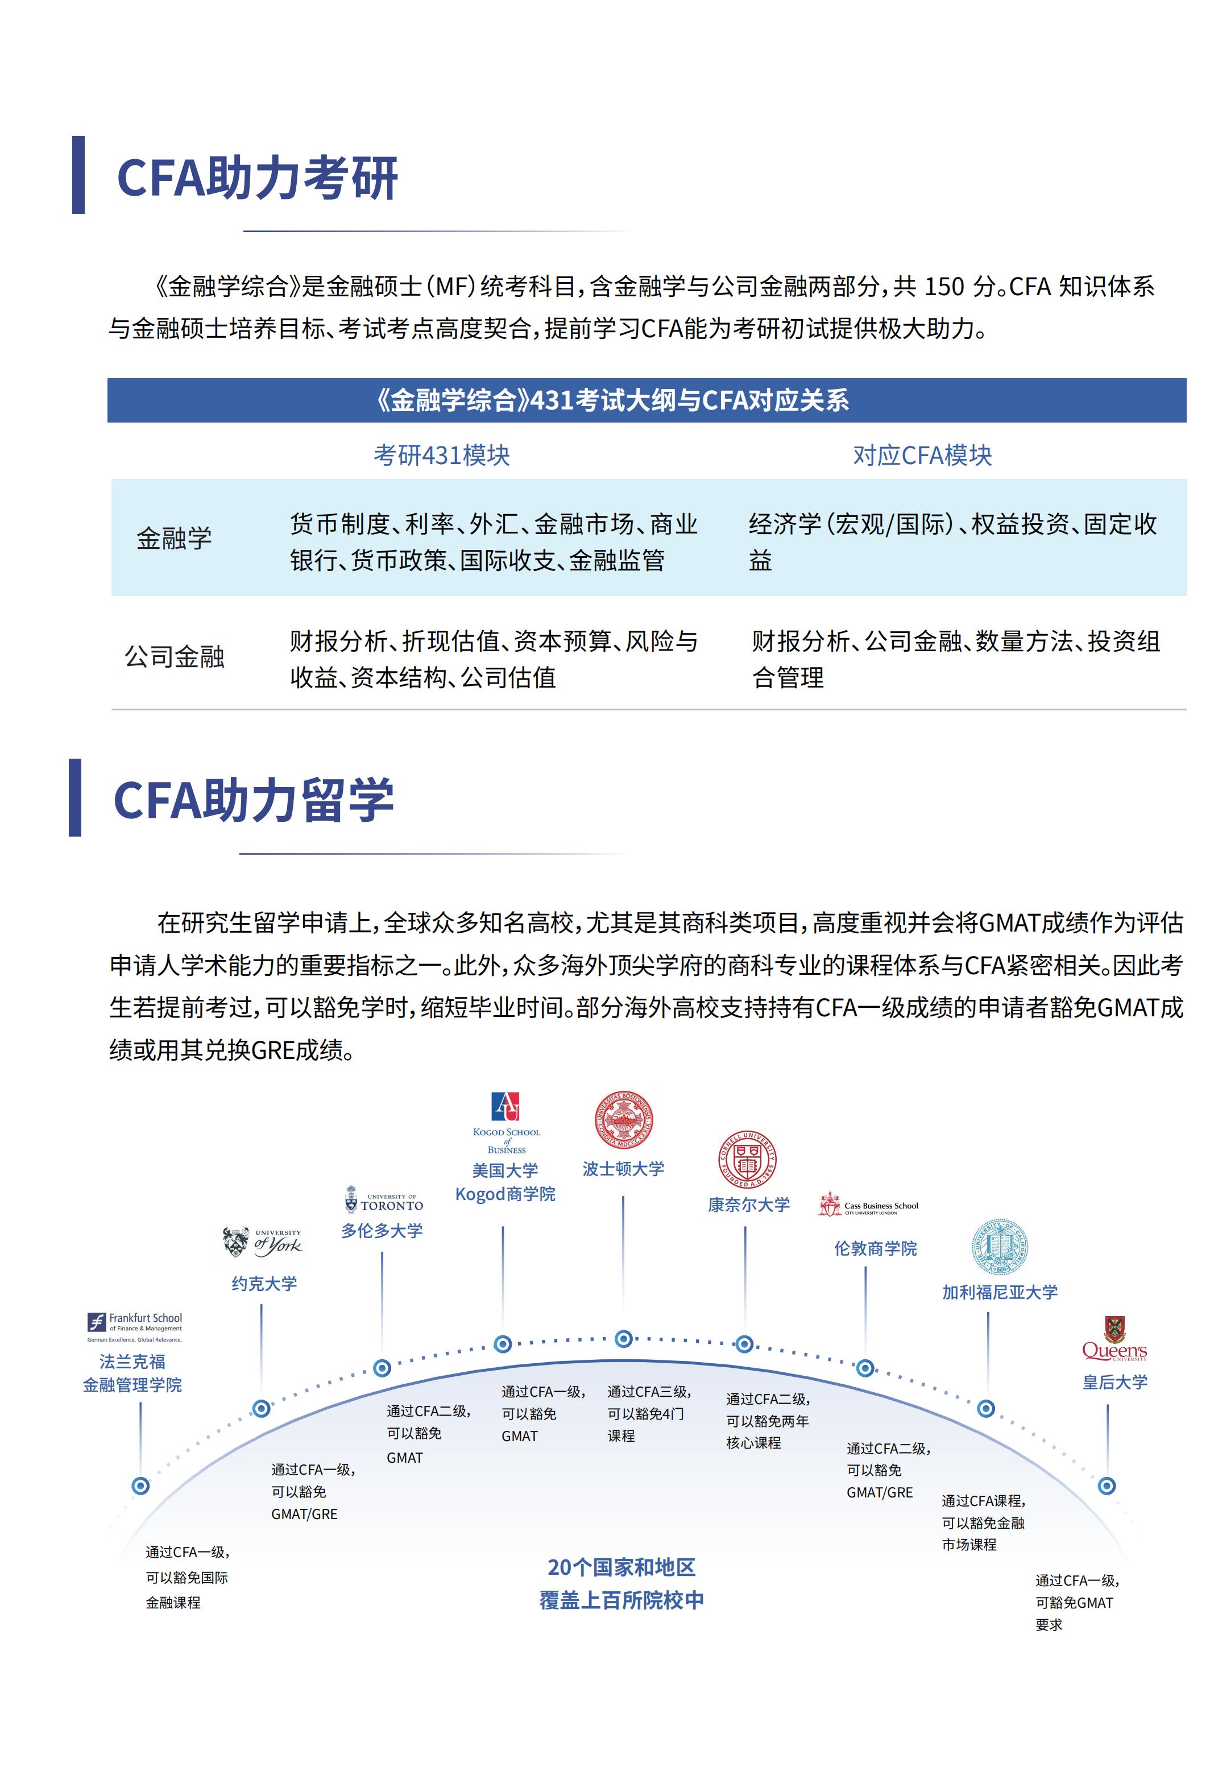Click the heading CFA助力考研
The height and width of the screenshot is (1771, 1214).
257,179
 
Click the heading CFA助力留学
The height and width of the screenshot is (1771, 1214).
253,800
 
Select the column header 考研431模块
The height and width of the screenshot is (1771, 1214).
441,456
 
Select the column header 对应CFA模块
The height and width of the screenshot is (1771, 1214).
922,456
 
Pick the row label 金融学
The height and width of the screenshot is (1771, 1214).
174,538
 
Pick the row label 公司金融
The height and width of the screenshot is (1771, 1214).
175,656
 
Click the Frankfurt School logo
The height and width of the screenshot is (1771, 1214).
134,1327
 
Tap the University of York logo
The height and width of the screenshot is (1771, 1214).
262,1242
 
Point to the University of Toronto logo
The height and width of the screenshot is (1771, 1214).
383,1200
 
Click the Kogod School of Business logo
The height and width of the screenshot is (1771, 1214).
506,1123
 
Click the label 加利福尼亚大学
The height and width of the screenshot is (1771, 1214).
1000,1293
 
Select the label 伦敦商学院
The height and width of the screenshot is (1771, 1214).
876,1248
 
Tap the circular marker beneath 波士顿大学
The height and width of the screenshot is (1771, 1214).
623,1339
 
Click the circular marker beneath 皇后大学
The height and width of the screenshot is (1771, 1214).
1107,1486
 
